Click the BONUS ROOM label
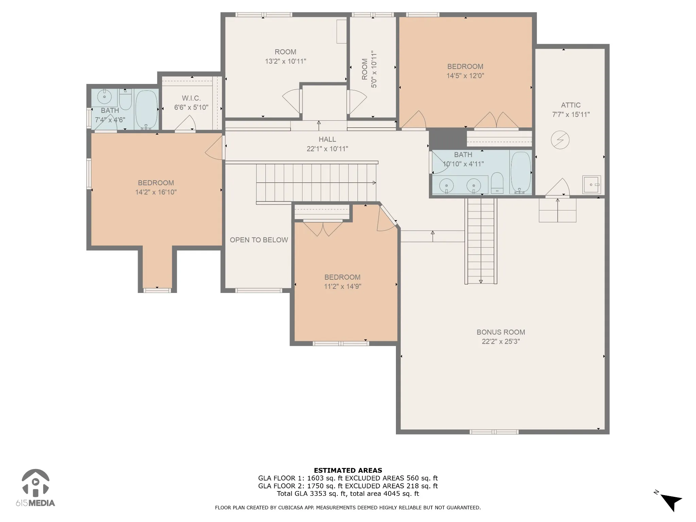501,332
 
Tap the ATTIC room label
571,105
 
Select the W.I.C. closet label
191,98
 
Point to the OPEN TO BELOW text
259,240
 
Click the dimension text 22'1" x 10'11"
327,149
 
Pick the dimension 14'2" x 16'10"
156,192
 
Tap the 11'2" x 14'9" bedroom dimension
342,286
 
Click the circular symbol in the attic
560,140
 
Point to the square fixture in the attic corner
592,185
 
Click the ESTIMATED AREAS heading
348,470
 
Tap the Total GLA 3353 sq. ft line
348,493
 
